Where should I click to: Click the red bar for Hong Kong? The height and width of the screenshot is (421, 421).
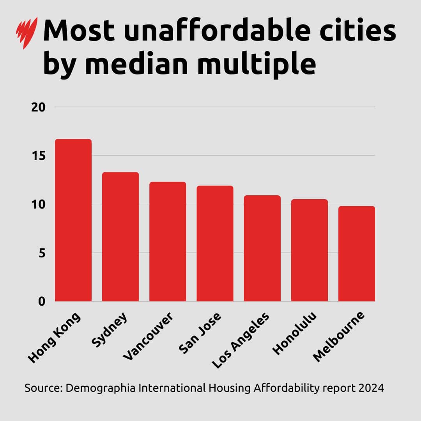73,220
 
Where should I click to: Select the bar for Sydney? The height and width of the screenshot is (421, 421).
120,237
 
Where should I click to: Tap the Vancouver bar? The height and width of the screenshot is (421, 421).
168,242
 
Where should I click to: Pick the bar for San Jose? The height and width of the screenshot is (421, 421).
215,244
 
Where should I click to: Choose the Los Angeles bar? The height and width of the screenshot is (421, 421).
262,248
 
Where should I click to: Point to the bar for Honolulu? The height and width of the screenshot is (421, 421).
310,250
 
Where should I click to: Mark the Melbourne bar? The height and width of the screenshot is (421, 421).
357,254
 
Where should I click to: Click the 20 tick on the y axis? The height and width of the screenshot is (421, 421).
38,107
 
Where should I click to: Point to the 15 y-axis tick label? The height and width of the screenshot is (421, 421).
38,156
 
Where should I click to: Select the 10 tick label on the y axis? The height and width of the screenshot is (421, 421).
38,204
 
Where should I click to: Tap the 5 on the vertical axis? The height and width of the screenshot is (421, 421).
42,253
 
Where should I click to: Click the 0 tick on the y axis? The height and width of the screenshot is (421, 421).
42,301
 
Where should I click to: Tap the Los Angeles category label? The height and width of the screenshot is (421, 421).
241,340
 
